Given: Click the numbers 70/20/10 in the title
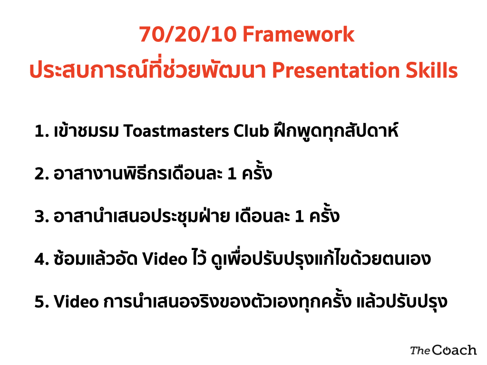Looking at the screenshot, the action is (187, 34).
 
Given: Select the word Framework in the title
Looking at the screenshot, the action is (298, 34).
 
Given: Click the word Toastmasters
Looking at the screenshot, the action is (176, 131).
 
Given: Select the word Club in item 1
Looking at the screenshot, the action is (251, 131).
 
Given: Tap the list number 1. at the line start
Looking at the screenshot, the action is (42, 131).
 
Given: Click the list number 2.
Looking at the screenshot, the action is (42, 174).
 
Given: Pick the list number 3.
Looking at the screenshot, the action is (42, 216).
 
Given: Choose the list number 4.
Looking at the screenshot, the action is (42, 259).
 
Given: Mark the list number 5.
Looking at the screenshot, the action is (42, 302).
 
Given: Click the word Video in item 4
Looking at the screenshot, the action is (165, 259).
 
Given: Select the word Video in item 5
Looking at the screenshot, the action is (76, 301).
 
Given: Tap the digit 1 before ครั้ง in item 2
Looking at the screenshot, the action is (232, 174).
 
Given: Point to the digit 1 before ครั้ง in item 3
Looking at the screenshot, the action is (299, 216).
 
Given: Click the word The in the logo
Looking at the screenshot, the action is (420, 351).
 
